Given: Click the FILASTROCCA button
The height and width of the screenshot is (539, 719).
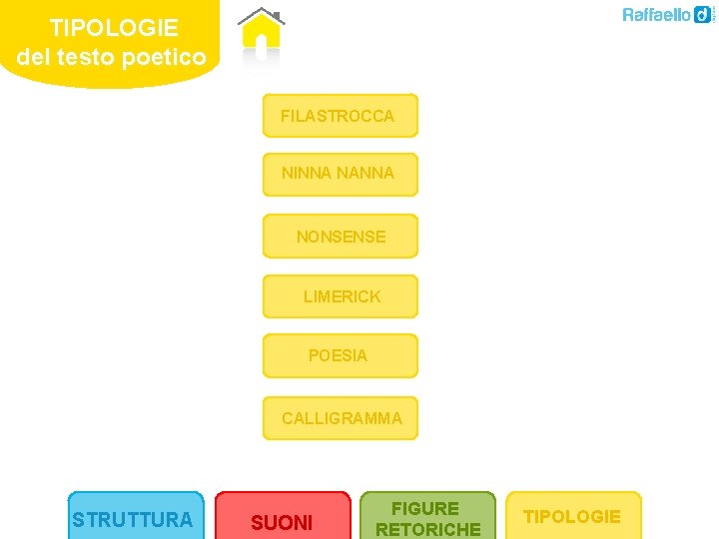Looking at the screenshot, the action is [x=340, y=116].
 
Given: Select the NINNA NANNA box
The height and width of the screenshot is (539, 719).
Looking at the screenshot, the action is [x=340, y=175].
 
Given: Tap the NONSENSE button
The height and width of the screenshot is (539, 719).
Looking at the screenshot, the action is [x=340, y=237].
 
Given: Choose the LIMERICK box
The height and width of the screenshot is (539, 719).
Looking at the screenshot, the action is [x=340, y=296].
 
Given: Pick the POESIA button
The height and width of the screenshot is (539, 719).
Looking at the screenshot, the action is [x=340, y=356].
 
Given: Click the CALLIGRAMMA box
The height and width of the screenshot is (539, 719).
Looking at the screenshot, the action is [x=340, y=418].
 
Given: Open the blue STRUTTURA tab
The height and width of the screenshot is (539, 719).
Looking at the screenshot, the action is [x=135, y=518].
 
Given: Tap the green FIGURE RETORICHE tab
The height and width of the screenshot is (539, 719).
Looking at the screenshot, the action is [x=427, y=518].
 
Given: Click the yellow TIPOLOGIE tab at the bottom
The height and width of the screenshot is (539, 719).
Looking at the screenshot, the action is [x=573, y=516].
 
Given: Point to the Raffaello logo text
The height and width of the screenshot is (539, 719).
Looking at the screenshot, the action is [x=656, y=15].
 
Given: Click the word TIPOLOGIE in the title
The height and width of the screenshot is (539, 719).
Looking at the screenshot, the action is [x=114, y=27].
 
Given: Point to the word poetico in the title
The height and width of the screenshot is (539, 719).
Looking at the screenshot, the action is [x=164, y=57].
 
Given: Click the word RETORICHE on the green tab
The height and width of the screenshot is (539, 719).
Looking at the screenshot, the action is [x=427, y=529].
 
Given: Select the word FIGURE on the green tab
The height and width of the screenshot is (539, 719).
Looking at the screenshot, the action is [x=425, y=508].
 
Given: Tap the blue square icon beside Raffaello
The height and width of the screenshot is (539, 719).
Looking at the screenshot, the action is [x=704, y=14].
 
